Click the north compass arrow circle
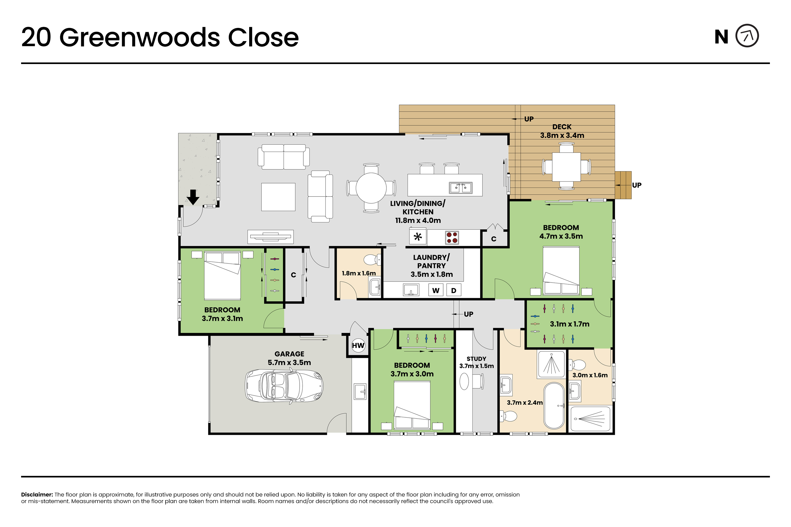(x=747, y=36)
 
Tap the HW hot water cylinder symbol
(x=358, y=345)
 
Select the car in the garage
(x=284, y=386)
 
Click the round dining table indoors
(x=371, y=188)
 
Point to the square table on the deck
(x=566, y=167)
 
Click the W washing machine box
(x=436, y=290)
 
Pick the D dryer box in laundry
(x=454, y=290)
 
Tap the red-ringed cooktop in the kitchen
(x=452, y=237)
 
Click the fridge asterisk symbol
(x=418, y=237)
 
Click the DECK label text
(x=562, y=127)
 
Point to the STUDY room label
(x=476, y=359)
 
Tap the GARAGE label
(x=289, y=354)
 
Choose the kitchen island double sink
(x=460, y=188)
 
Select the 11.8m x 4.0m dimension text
(x=418, y=221)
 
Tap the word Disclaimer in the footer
(x=37, y=494)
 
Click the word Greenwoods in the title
(x=139, y=37)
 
